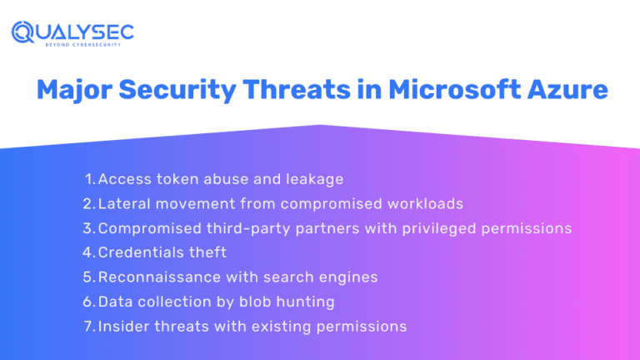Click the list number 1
point(90,179)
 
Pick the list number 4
point(89,252)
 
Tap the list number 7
point(89,326)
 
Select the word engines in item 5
point(352,277)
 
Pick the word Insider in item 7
point(123,326)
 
